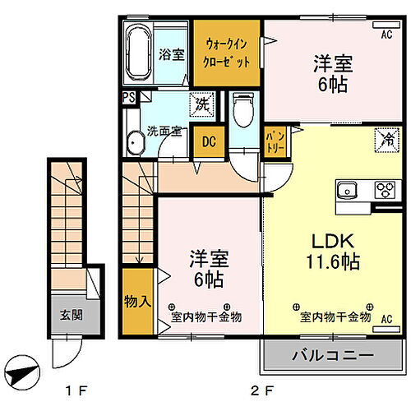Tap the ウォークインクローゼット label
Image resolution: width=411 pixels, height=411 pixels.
click(228, 52)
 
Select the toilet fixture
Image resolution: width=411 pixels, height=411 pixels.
click(242, 109)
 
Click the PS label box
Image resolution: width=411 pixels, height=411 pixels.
click(128, 97)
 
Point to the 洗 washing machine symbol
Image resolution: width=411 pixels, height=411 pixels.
click(201, 105)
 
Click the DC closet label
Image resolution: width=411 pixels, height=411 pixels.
click(209, 141)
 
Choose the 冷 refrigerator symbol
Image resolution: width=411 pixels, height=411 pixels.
click(384, 141)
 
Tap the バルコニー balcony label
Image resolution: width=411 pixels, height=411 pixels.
click(332, 357)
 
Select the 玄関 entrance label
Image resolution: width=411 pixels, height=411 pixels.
click(70, 314)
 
